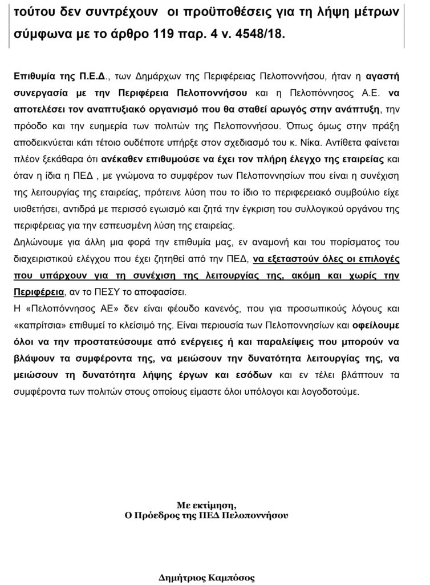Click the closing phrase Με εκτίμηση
(206, 504)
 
